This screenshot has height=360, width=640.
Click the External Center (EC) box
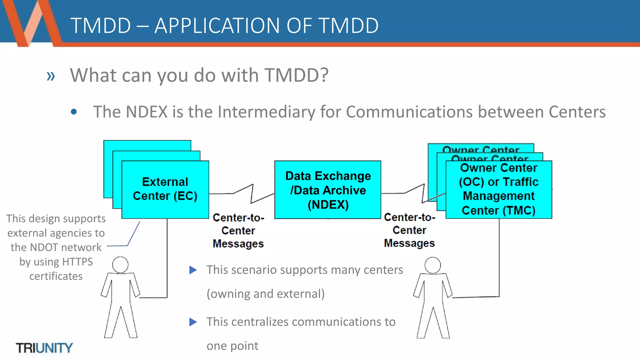(165, 189)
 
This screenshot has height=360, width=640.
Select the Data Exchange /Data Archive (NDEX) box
(327, 190)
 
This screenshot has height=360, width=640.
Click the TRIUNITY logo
(44, 348)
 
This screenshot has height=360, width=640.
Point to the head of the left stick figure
(120, 265)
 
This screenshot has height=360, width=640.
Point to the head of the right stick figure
(433, 265)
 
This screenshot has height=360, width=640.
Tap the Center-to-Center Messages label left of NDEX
(238, 231)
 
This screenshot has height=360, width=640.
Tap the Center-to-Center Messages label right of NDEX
(409, 230)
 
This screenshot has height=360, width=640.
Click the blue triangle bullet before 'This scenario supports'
(193, 270)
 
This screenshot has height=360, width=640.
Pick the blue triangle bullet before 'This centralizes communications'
(193, 322)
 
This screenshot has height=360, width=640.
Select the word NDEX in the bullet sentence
(147, 112)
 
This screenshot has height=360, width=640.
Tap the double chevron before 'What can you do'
(51, 76)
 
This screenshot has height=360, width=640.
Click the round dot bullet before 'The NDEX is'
(74, 112)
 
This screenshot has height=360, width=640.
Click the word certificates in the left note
(56, 276)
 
